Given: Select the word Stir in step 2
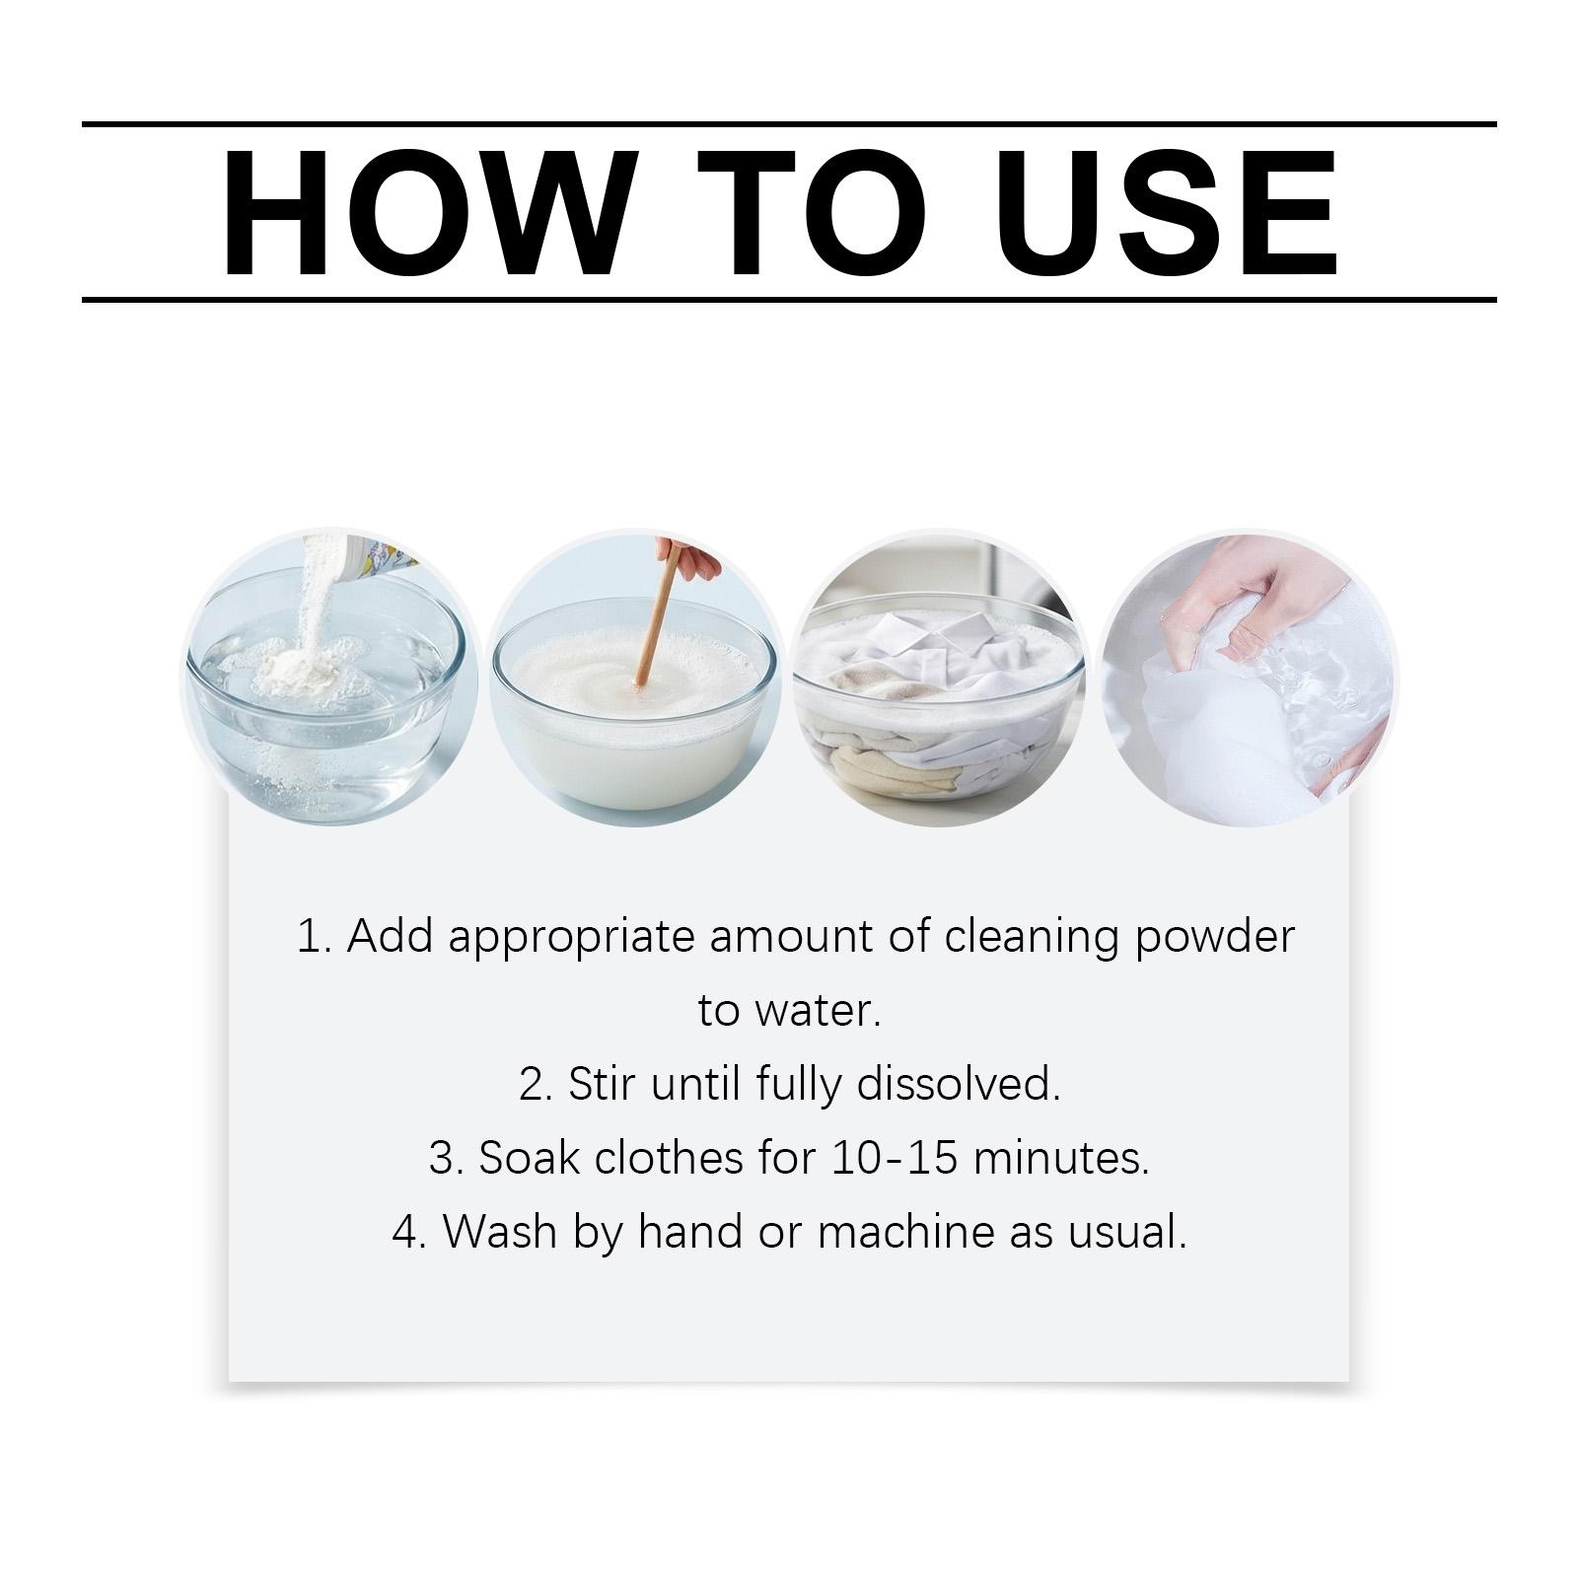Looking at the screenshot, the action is point(599,1084).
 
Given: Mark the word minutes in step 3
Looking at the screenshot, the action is point(1061,1158).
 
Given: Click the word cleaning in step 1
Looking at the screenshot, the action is point(1032,937).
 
